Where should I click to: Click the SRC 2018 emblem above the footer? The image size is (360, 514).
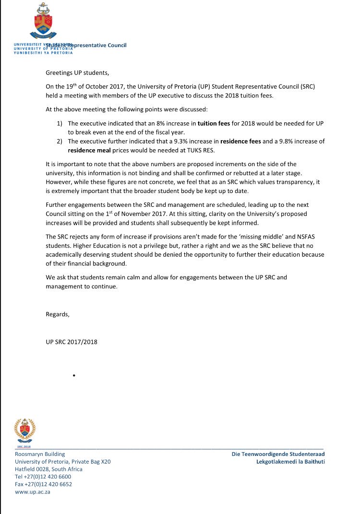(25, 431)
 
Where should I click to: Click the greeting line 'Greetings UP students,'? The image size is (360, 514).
(77, 73)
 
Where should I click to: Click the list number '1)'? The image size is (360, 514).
(60, 123)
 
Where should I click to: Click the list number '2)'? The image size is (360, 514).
(60, 141)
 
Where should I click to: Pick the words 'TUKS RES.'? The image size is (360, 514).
(202, 150)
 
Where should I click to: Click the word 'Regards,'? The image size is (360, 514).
(58, 314)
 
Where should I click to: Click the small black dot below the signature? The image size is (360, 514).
(73, 375)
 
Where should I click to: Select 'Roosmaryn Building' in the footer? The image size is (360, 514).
(40, 454)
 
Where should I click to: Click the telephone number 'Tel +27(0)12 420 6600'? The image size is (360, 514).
(43, 477)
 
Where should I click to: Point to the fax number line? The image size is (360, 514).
(43, 484)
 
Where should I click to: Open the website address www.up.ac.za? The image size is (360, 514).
(33, 492)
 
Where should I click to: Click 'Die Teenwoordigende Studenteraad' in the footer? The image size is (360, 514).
(278, 454)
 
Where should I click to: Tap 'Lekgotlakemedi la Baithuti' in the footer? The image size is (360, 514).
(290, 461)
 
